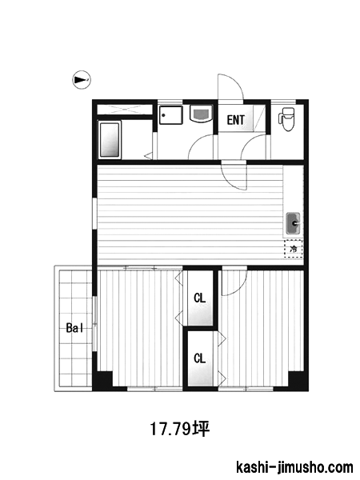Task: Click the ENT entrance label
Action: [236, 120]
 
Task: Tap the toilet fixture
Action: [286, 118]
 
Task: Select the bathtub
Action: [110, 140]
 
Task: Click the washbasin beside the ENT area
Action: [201, 113]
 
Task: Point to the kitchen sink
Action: [294, 223]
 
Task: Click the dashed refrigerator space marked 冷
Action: [294, 249]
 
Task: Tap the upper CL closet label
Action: [199, 298]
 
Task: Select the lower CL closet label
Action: [199, 358]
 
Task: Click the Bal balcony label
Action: [74, 328]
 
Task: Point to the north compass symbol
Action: [82, 80]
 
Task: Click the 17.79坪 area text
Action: [179, 429]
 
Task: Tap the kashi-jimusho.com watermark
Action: [294, 467]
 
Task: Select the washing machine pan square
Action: [171, 115]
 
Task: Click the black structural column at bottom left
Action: [103, 381]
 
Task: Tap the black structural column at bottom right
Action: [298, 381]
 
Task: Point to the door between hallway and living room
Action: [234, 177]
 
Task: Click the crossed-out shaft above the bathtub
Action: [125, 110]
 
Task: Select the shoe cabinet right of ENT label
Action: [259, 118]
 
